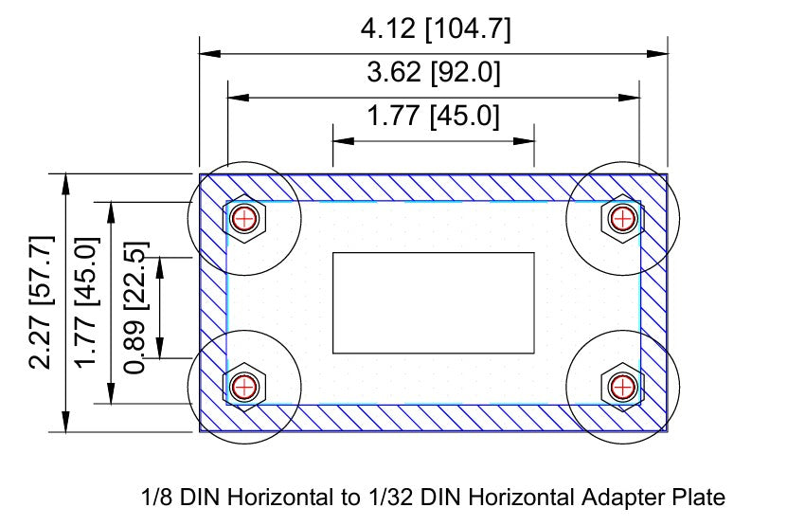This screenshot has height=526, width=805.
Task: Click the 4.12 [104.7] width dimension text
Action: (435, 29)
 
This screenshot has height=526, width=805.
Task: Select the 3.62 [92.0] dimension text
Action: (434, 73)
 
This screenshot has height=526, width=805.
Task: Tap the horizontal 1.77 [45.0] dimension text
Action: (433, 117)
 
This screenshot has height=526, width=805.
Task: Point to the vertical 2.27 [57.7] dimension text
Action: (42, 301)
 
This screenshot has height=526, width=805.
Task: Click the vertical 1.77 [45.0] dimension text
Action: (87, 301)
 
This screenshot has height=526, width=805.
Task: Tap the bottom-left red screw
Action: (245, 386)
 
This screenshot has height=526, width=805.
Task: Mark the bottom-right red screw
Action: (622, 386)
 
